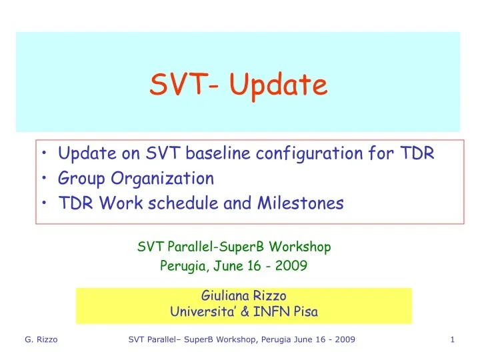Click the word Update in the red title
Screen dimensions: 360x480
click(x=279, y=85)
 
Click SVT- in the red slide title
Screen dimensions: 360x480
click(x=186, y=85)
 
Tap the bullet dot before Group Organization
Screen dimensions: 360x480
click(x=44, y=179)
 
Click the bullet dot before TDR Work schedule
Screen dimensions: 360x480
click(x=44, y=204)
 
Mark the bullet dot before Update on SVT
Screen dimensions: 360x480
click(x=44, y=155)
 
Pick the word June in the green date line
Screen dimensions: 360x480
click(x=227, y=266)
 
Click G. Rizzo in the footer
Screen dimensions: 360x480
click(x=41, y=340)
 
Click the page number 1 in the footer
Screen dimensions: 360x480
click(x=452, y=340)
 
